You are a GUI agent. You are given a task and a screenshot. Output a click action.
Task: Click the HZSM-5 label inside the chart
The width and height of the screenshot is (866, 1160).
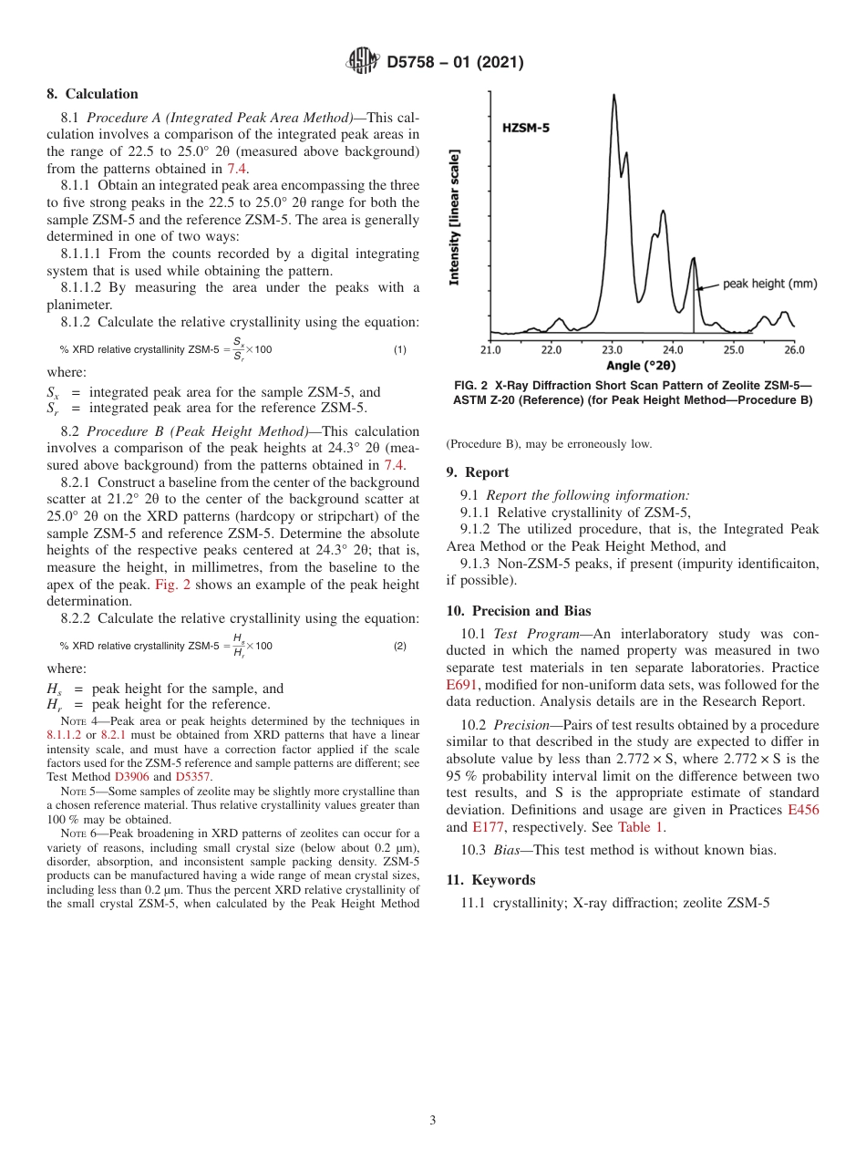(526, 129)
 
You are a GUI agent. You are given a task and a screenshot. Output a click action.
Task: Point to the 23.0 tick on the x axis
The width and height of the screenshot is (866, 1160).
(612, 349)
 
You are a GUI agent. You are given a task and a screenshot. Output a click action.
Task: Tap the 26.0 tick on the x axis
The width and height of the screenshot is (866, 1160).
(794, 349)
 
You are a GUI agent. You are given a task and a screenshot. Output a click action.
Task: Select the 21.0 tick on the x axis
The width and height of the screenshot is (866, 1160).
(490, 349)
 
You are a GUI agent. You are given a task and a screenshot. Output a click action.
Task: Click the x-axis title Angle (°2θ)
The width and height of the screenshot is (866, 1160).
(642, 365)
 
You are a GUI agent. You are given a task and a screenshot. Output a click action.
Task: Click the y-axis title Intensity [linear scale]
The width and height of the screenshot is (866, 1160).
(455, 217)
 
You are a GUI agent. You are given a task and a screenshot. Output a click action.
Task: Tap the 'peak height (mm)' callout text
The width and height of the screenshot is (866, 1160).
(769, 284)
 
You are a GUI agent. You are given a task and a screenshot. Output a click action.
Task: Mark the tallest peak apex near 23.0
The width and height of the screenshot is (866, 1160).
(613, 95)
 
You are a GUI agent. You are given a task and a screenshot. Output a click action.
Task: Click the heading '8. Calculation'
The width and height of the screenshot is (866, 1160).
(93, 94)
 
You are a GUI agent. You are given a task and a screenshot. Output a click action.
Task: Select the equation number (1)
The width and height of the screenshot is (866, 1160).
(399, 350)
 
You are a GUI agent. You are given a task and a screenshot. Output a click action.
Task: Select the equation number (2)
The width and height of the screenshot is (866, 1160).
(399, 646)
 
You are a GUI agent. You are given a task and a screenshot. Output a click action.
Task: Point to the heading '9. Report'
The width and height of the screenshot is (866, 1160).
(478, 472)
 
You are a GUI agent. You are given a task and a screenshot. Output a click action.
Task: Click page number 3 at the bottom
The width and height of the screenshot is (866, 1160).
(433, 1120)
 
